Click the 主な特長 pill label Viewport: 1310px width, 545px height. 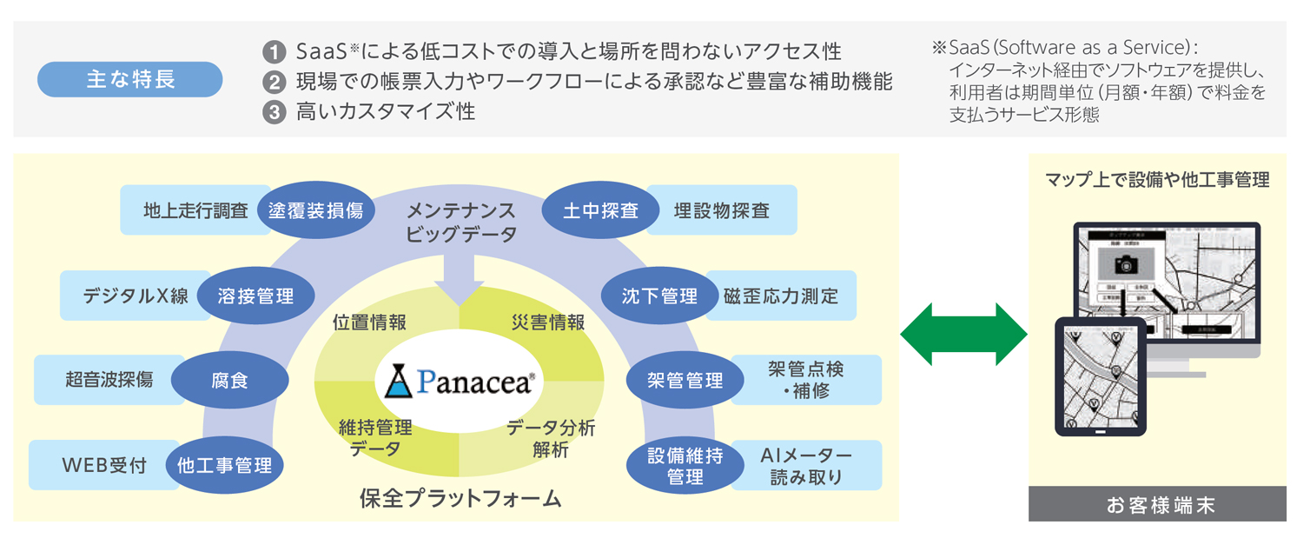tap(129, 80)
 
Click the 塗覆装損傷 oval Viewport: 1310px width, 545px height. tap(315, 210)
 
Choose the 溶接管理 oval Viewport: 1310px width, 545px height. tap(255, 296)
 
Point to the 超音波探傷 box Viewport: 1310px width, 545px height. tap(108, 379)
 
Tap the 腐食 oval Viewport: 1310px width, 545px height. tap(229, 380)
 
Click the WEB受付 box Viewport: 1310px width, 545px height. tap(102, 465)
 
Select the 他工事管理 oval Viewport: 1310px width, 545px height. tap(225, 465)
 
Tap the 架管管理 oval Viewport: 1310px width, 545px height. tap(685, 380)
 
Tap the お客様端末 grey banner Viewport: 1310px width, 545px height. tap(1156, 504)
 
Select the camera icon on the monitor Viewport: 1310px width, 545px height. tap(1126, 264)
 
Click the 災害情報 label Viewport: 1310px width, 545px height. tap(548, 322)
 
